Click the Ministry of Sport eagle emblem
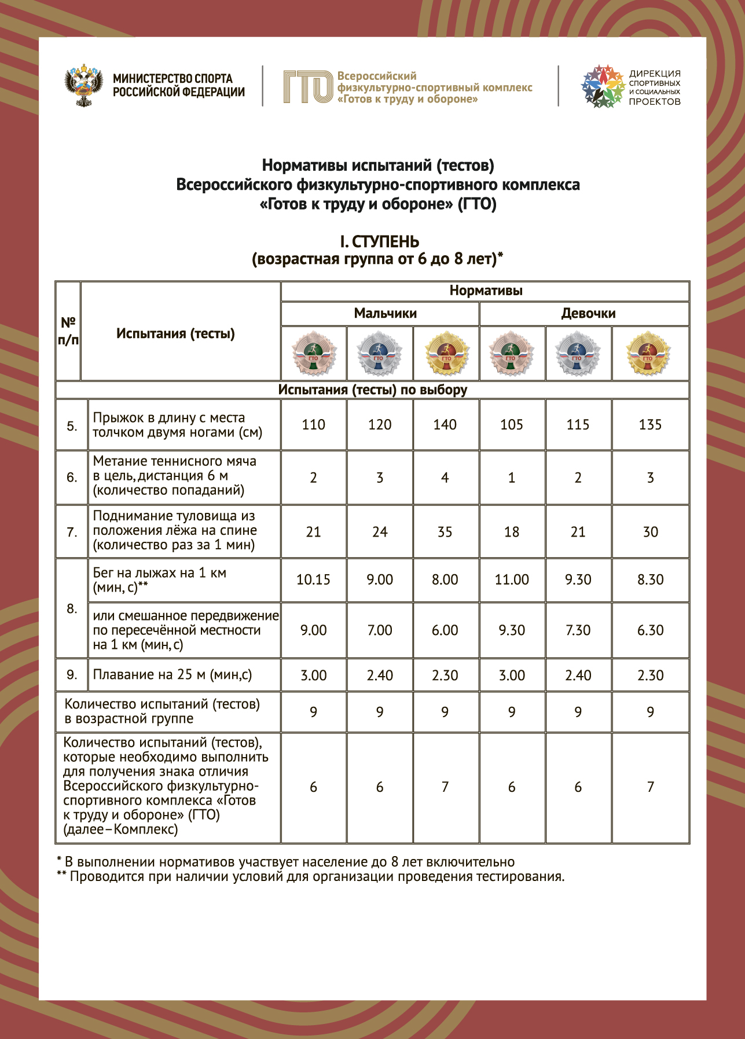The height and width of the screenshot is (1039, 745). point(84,86)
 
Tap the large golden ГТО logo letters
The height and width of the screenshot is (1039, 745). point(307,87)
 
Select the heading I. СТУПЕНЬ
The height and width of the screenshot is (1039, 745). point(379,242)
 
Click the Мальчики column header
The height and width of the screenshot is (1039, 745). point(385,314)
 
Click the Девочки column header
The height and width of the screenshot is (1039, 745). point(588,314)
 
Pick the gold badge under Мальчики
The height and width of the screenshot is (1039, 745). point(446,353)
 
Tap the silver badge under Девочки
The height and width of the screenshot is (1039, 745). point(577,353)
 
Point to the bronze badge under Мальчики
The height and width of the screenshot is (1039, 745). point(313,353)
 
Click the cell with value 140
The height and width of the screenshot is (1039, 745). point(445,425)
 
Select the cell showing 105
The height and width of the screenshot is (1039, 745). point(511,425)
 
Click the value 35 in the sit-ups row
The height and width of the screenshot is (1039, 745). point(445,532)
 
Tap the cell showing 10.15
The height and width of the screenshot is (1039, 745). point(313,580)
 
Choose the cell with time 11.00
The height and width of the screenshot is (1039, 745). point(511,580)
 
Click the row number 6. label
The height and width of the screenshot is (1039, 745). point(72,478)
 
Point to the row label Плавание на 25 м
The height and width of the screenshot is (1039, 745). point(172,675)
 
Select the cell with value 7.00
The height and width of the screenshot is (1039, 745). point(379,630)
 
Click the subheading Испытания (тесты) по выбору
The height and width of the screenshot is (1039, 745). point(372,390)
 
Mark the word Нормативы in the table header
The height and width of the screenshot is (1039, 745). point(486,291)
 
